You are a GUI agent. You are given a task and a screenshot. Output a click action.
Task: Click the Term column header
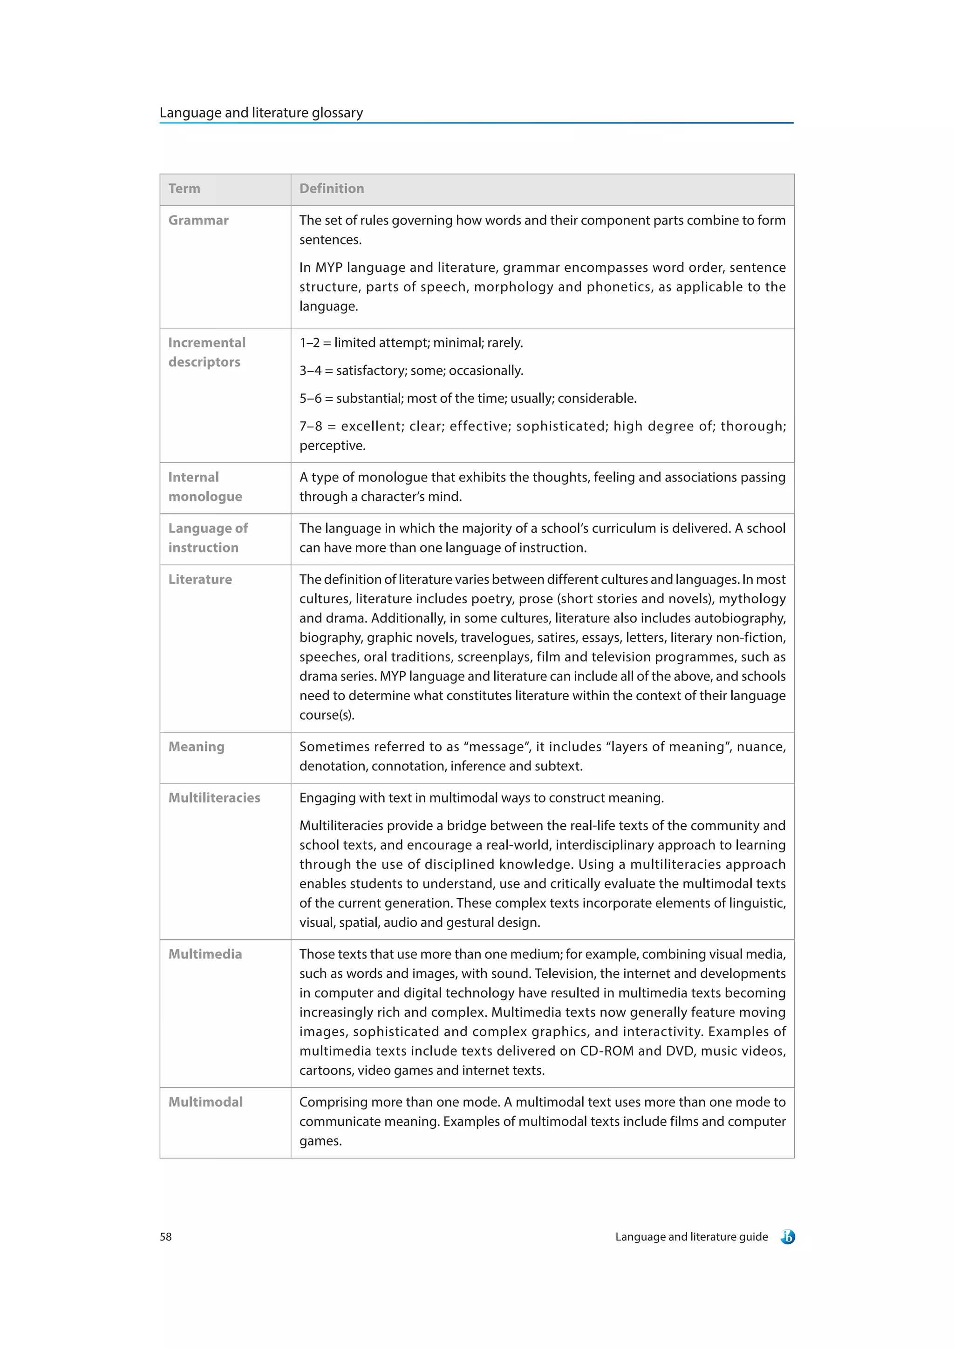184,189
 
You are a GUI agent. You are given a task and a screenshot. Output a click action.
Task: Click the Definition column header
332,189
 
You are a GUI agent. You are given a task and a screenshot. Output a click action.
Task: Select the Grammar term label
198,220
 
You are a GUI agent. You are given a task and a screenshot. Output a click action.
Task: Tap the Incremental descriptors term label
206,352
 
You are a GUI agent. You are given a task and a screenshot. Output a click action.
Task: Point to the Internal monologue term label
204,486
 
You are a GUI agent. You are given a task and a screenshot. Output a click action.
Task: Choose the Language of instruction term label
207,538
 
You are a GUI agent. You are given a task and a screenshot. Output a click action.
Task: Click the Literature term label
200,580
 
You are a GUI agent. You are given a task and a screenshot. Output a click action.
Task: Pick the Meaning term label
196,747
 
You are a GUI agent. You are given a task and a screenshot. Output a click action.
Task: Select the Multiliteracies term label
214,798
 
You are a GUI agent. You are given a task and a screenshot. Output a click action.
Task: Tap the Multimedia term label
204,954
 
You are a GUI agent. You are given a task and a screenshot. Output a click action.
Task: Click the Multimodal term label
205,1102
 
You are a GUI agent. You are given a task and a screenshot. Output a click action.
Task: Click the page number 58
166,1237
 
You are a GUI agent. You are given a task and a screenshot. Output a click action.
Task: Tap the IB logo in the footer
787,1237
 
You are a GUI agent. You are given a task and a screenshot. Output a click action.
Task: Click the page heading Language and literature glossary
261,112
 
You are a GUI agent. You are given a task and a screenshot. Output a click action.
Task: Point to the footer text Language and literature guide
691,1237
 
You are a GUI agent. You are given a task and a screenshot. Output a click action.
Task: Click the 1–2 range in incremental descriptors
309,343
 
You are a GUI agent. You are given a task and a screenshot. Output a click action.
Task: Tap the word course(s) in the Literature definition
326,715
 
